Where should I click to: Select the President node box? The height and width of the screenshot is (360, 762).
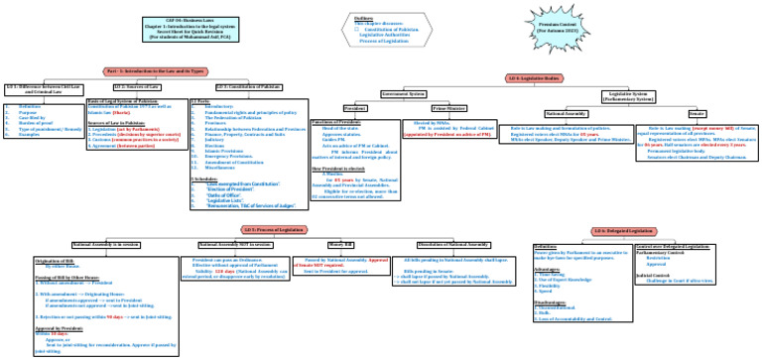[x=355, y=107]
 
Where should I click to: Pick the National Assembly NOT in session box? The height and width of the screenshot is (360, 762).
[x=234, y=244]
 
